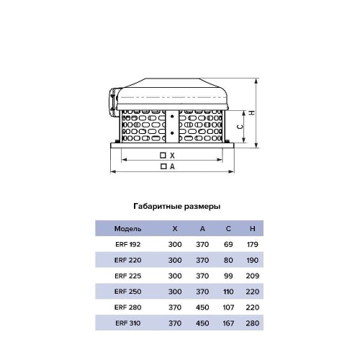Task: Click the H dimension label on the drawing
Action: [252, 112]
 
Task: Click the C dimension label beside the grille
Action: [240, 127]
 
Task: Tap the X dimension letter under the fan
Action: [172, 156]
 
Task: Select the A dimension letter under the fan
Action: [172, 166]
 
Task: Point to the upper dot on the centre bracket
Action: [172, 117]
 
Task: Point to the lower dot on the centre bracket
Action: [172, 132]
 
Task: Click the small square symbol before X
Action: [163, 156]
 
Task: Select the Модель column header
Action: [127, 229]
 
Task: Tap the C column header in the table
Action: [228, 228]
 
